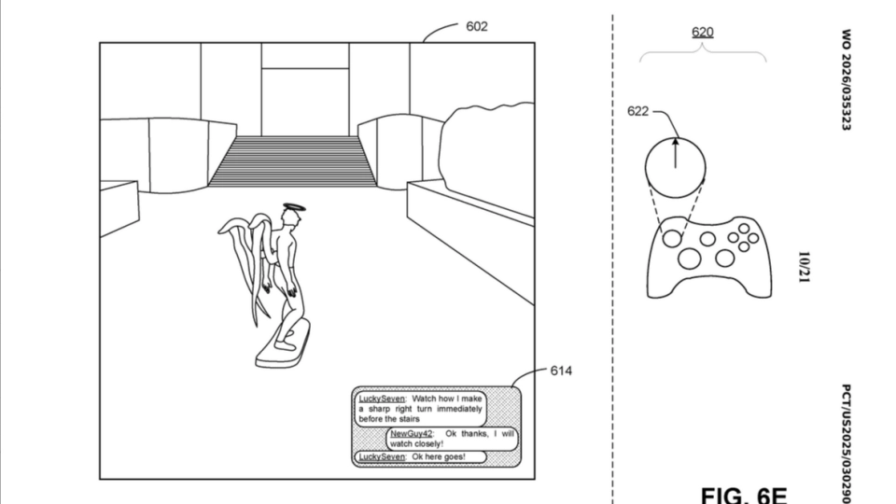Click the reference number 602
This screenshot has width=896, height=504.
[x=476, y=26]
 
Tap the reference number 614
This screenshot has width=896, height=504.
[x=561, y=371]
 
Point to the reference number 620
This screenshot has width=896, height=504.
[x=702, y=33]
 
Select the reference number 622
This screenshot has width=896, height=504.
[x=638, y=112]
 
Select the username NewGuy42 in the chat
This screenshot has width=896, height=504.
[x=411, y=434]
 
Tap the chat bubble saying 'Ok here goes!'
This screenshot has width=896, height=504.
[x=423, y=456]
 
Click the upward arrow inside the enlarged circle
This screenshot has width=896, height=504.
[x=675, y=155]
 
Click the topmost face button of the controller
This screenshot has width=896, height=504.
[x=743, y=227]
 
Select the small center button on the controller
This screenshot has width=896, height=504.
[x=707, y=239]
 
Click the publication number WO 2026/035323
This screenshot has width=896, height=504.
[x=846, y=79]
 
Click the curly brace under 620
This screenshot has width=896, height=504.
[x=703, y=56]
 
